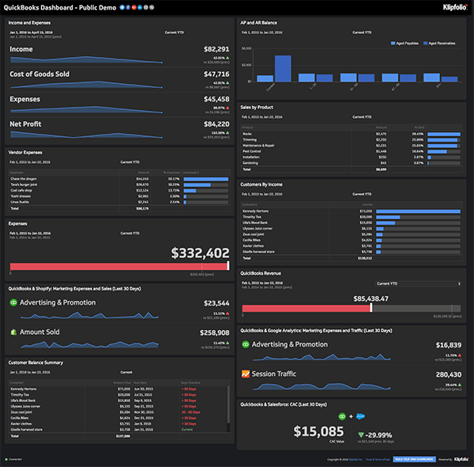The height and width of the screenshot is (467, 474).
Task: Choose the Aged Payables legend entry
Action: [406, 43]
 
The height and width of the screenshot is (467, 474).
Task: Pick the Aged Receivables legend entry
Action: [444, 43]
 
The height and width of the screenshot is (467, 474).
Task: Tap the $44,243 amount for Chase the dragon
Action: [143, 179]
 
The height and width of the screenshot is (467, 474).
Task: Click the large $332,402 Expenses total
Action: [201, 253]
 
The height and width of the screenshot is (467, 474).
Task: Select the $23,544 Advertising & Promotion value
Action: [216, 303]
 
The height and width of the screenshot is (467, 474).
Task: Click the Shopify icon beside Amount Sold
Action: [13, 332]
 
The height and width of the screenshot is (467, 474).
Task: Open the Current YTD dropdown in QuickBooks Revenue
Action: [419, 283]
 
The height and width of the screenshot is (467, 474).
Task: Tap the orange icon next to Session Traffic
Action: [246, 374]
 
